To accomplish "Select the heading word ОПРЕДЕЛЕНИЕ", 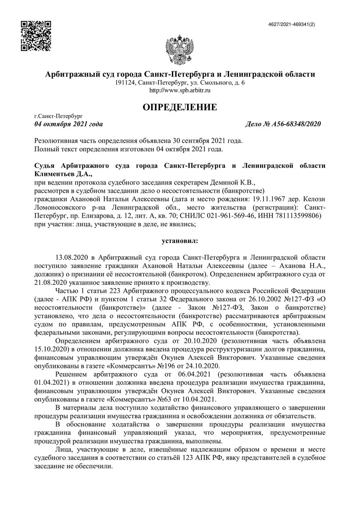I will click(180, 107).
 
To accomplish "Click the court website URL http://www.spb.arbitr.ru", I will click(180, 90).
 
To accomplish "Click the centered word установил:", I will click(180, 241).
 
